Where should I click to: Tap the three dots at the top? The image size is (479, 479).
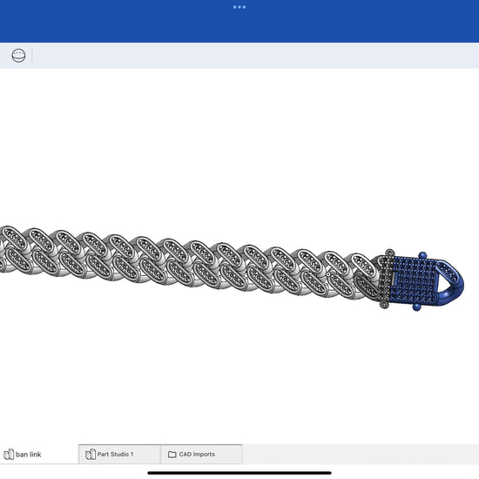(x=239, y=7)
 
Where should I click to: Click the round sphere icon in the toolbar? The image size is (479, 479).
(x=18, y=56)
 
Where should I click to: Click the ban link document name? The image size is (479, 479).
(x=29, y=455)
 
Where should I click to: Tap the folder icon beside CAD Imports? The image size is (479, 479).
(x=172, y=455)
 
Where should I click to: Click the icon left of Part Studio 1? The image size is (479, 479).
(x=91, y=455)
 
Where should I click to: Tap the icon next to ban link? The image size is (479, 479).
(x=9, y=455)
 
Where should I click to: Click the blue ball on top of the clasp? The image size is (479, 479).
(x=422, y=255)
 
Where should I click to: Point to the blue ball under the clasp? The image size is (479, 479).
(x=416, y=307)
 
